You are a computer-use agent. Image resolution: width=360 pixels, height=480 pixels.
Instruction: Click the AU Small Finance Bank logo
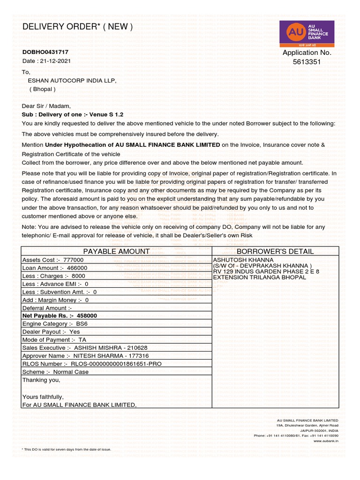(x=307, y=34)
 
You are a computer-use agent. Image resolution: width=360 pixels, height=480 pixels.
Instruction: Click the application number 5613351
(x=307, y=62)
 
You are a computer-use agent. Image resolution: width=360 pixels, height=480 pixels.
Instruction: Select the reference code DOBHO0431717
(x=45, y=52)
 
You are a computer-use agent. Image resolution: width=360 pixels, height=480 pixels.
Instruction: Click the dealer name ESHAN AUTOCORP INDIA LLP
(x=72, y=81)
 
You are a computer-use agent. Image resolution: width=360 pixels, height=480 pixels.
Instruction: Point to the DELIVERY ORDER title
(x=77, y=27)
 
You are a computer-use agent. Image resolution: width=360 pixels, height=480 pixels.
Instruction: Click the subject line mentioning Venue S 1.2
(x=73, y=114)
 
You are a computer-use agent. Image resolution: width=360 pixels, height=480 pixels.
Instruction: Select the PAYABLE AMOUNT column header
(x=116, y=252)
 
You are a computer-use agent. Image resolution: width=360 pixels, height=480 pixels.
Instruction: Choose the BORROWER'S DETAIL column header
(x=275, y=252)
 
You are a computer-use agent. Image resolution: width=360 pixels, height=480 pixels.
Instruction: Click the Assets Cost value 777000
(x=73, y=260)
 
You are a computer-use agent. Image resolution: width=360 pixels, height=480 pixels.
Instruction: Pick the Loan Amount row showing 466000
(x=54, y=268)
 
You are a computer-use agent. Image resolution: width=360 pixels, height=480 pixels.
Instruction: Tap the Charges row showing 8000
(x=53, y=276)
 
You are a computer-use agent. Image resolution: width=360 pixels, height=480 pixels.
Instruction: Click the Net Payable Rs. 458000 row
(x=60, y=316)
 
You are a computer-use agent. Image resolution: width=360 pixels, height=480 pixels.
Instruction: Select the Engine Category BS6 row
(x=55, y=324)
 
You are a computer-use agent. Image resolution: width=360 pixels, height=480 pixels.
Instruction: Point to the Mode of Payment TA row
(x=54, y=340)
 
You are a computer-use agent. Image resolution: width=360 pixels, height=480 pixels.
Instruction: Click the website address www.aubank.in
(x=326, y=441)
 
